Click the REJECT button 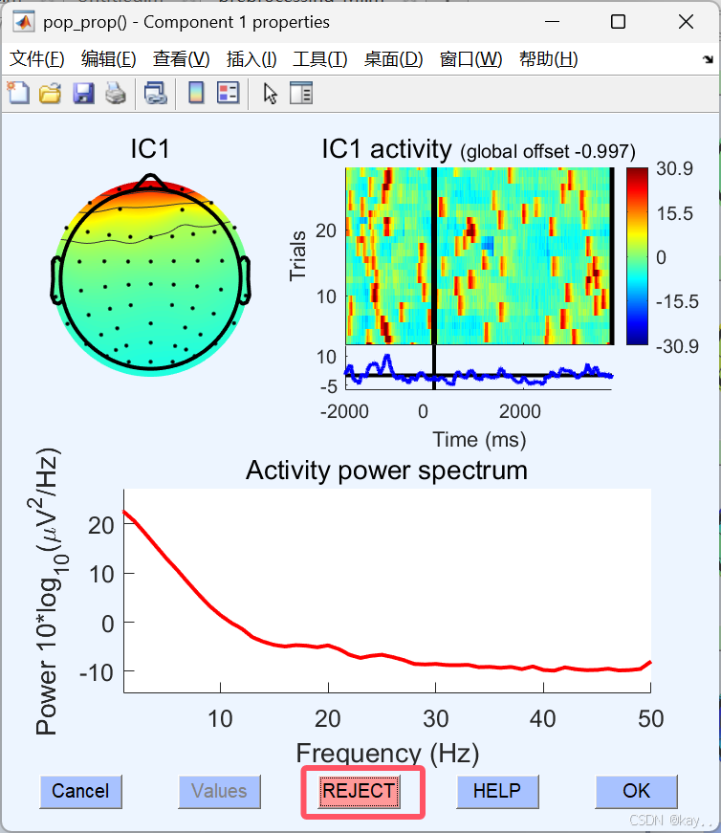pyautogui.click(x=359, y=791)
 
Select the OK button pyautogui.click(x=636, y=791)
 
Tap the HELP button pyautogui.click(x=497, y=791)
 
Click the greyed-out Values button pyautogui.click(x=219, y=791)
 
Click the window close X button pyautogui.click(x=684, y=21)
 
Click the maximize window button pyautogui.click(x=618, y=21)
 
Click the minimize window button pyautogui.click(x=552, y=21)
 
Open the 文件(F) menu pyautogui.click(x=37, y=59)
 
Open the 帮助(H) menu pyautogui.click(x=548, y=59)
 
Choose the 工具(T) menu pyautogui.click(x=319, y=59)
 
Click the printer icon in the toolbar pyautogui.click(x=115, y=93)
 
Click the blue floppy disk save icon pyautogui.click(x=83, y=93)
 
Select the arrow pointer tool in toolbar pyautogui.click(x=271, y=93)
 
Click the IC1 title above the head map pyautogui.click(x=149, y=149)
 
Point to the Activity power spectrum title pyautogui.click(x=386, y=471)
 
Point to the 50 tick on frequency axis pyautogui.click(x=650, y=716)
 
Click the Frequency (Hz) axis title pyautogui.click(x=387, y=753)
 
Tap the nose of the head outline pyautogui.click(x=148, y=182)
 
